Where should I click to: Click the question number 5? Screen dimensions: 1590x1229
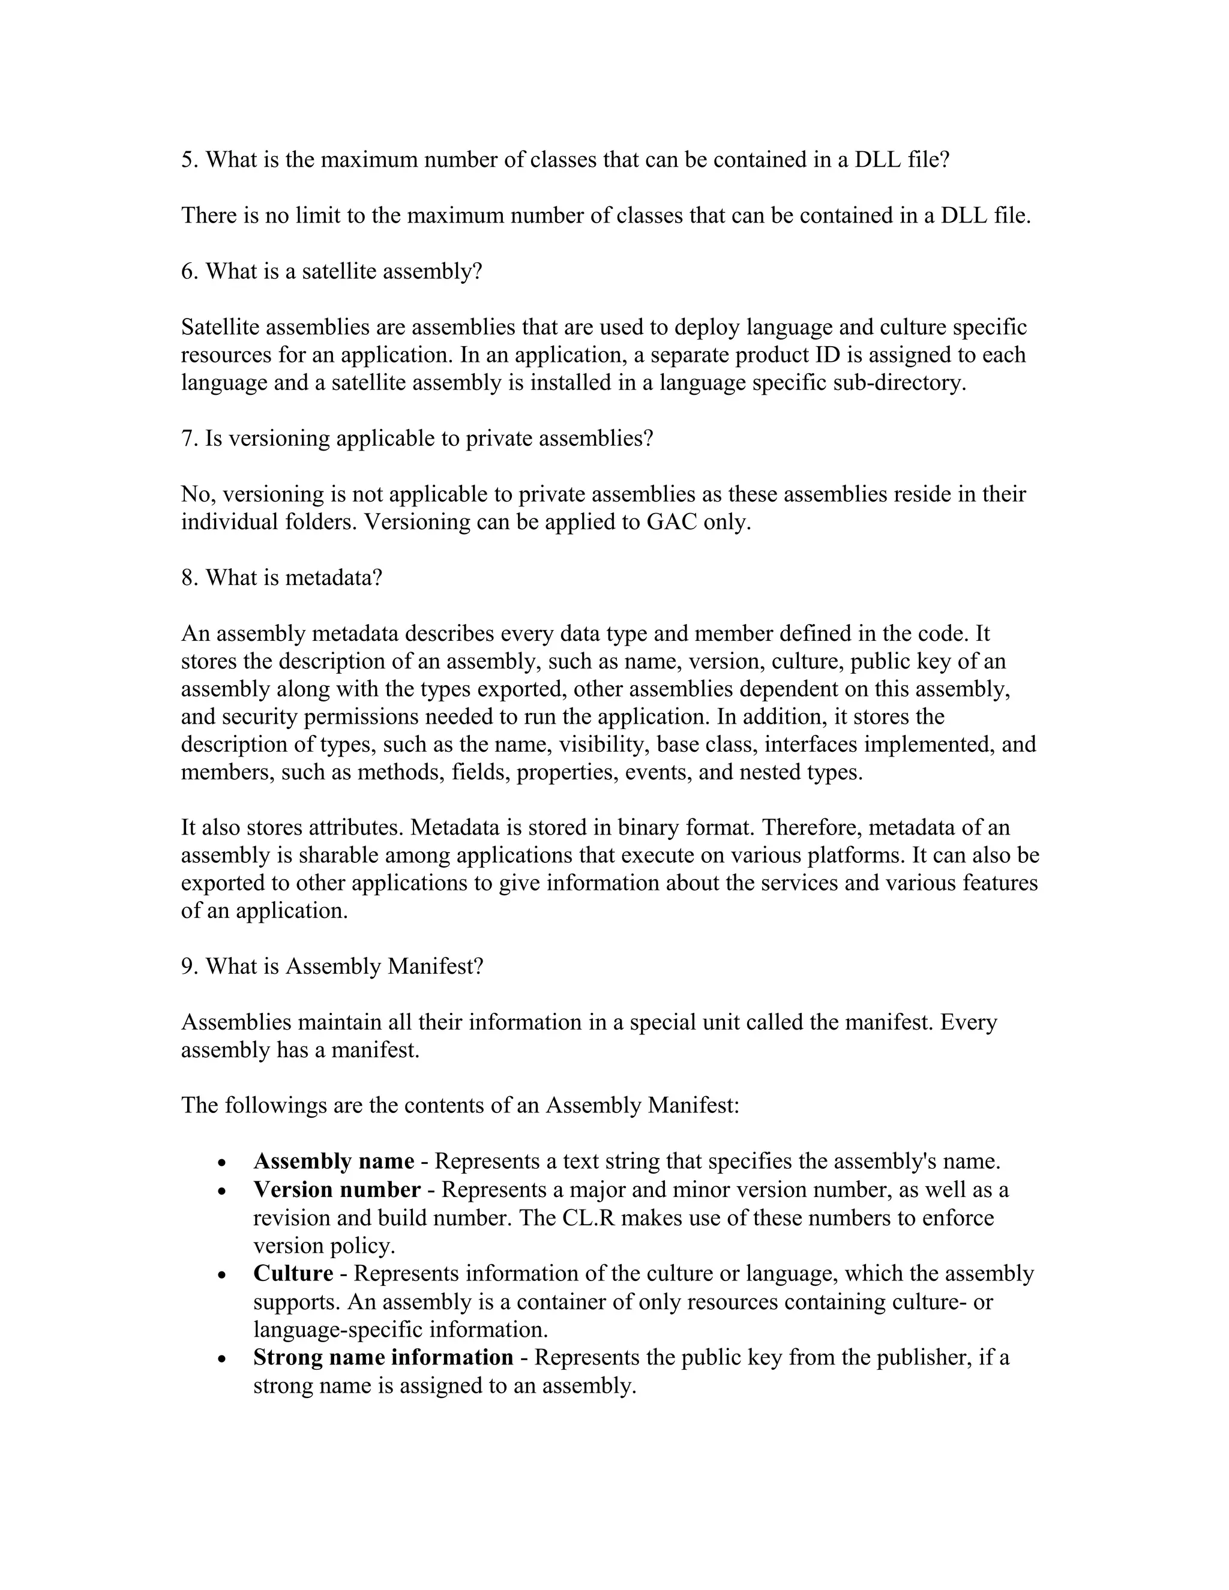coord(187,160)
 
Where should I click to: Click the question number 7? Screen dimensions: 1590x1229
coord(187,439)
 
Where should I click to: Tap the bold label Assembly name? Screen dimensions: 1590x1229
coord(334,1161)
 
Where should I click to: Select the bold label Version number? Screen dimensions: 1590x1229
coord(337,1190)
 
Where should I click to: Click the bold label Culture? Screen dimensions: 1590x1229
coord(293,1273)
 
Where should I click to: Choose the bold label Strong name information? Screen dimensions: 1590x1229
coord(383,1357)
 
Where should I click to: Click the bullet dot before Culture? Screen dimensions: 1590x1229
coord(222,1276)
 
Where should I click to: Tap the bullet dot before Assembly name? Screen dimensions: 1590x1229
coord(222,1163)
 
